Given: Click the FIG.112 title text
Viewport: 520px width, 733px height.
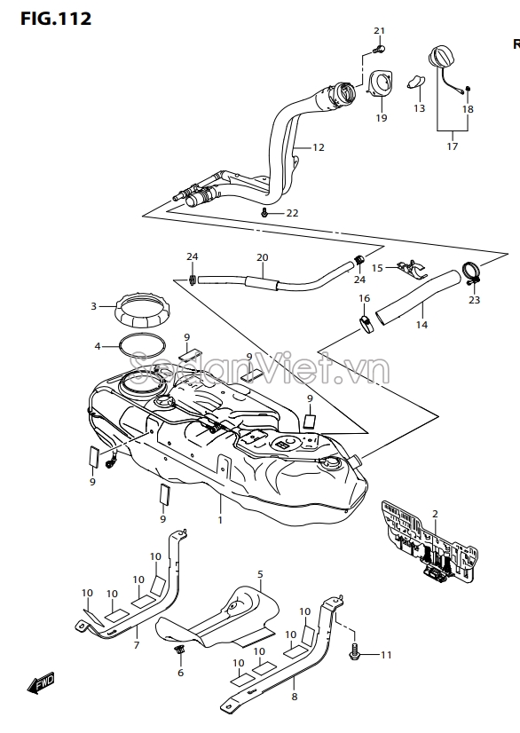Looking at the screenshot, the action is [56, 19].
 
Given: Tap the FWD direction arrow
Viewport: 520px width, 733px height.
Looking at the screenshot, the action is [41, 683].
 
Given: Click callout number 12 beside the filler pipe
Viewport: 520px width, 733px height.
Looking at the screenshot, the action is [319, 147].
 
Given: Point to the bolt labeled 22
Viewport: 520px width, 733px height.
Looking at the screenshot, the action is [264, 213].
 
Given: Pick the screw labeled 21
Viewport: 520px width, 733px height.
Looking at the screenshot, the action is [379, 49].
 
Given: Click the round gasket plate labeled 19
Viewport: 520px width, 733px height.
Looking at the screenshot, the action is [380, 84].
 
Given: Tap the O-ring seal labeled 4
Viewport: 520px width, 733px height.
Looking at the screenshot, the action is [142, 346].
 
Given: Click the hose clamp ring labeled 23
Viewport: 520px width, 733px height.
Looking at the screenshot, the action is [471, 273].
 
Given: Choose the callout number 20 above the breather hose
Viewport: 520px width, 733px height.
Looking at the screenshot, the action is [263, 257].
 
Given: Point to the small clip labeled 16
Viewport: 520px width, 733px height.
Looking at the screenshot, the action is [366, 324].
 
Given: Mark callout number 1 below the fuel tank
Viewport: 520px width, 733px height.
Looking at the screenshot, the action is [220, 519].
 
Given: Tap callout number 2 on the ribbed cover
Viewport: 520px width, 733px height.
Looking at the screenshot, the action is [436, 514].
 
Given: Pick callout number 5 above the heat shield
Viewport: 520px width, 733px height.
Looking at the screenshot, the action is [261, 574].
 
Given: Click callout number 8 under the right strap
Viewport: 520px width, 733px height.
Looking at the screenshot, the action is [294, 697].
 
